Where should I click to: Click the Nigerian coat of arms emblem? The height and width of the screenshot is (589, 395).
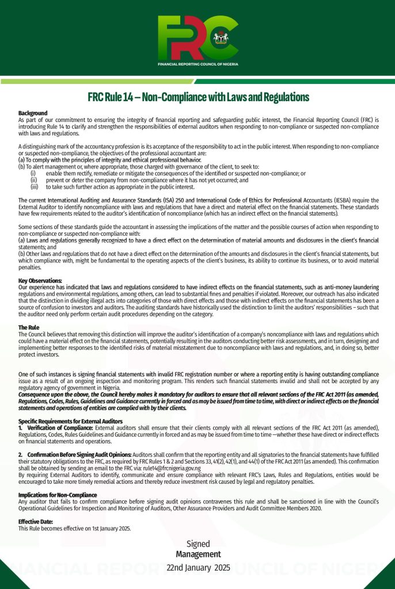point(219,38)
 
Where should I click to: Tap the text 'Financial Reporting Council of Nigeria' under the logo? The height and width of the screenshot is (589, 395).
point(197,64)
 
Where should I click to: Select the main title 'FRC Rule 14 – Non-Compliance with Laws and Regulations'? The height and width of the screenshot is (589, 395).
point(198,97)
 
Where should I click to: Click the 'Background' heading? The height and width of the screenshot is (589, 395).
point(33,113)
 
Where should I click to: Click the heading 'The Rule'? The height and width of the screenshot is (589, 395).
point(29,327)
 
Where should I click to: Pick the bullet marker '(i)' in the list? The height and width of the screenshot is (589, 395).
point(33,173)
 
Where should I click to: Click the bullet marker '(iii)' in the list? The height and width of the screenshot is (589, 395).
point(33,187)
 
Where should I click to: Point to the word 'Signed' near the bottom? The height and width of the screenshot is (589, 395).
point(198,544)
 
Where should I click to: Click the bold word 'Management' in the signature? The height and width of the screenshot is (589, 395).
point(198,554)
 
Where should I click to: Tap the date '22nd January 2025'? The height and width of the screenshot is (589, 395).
point(198,567)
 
